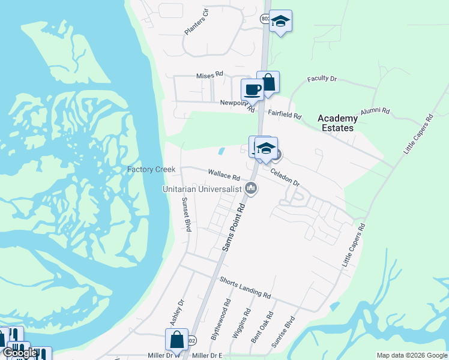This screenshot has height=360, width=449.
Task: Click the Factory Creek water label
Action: pos(151,169)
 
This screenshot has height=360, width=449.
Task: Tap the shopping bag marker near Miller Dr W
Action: pos(177,340)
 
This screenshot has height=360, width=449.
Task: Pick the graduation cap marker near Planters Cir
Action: pos(280,21)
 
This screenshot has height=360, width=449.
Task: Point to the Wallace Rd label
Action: pos(224,176)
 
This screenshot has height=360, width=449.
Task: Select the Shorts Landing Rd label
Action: pos(245,287)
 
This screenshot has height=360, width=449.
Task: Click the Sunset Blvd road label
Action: pos(187,215)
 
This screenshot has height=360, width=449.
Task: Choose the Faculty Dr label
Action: pos(322,79)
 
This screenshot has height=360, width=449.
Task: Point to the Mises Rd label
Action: pos(209,75)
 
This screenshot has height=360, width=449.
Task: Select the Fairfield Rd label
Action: pos(285,113)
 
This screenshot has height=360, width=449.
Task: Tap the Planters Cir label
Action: pos(196,22)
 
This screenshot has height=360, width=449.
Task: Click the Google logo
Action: pos(20,353)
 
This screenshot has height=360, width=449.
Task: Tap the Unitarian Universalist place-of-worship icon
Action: pos(252,188)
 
